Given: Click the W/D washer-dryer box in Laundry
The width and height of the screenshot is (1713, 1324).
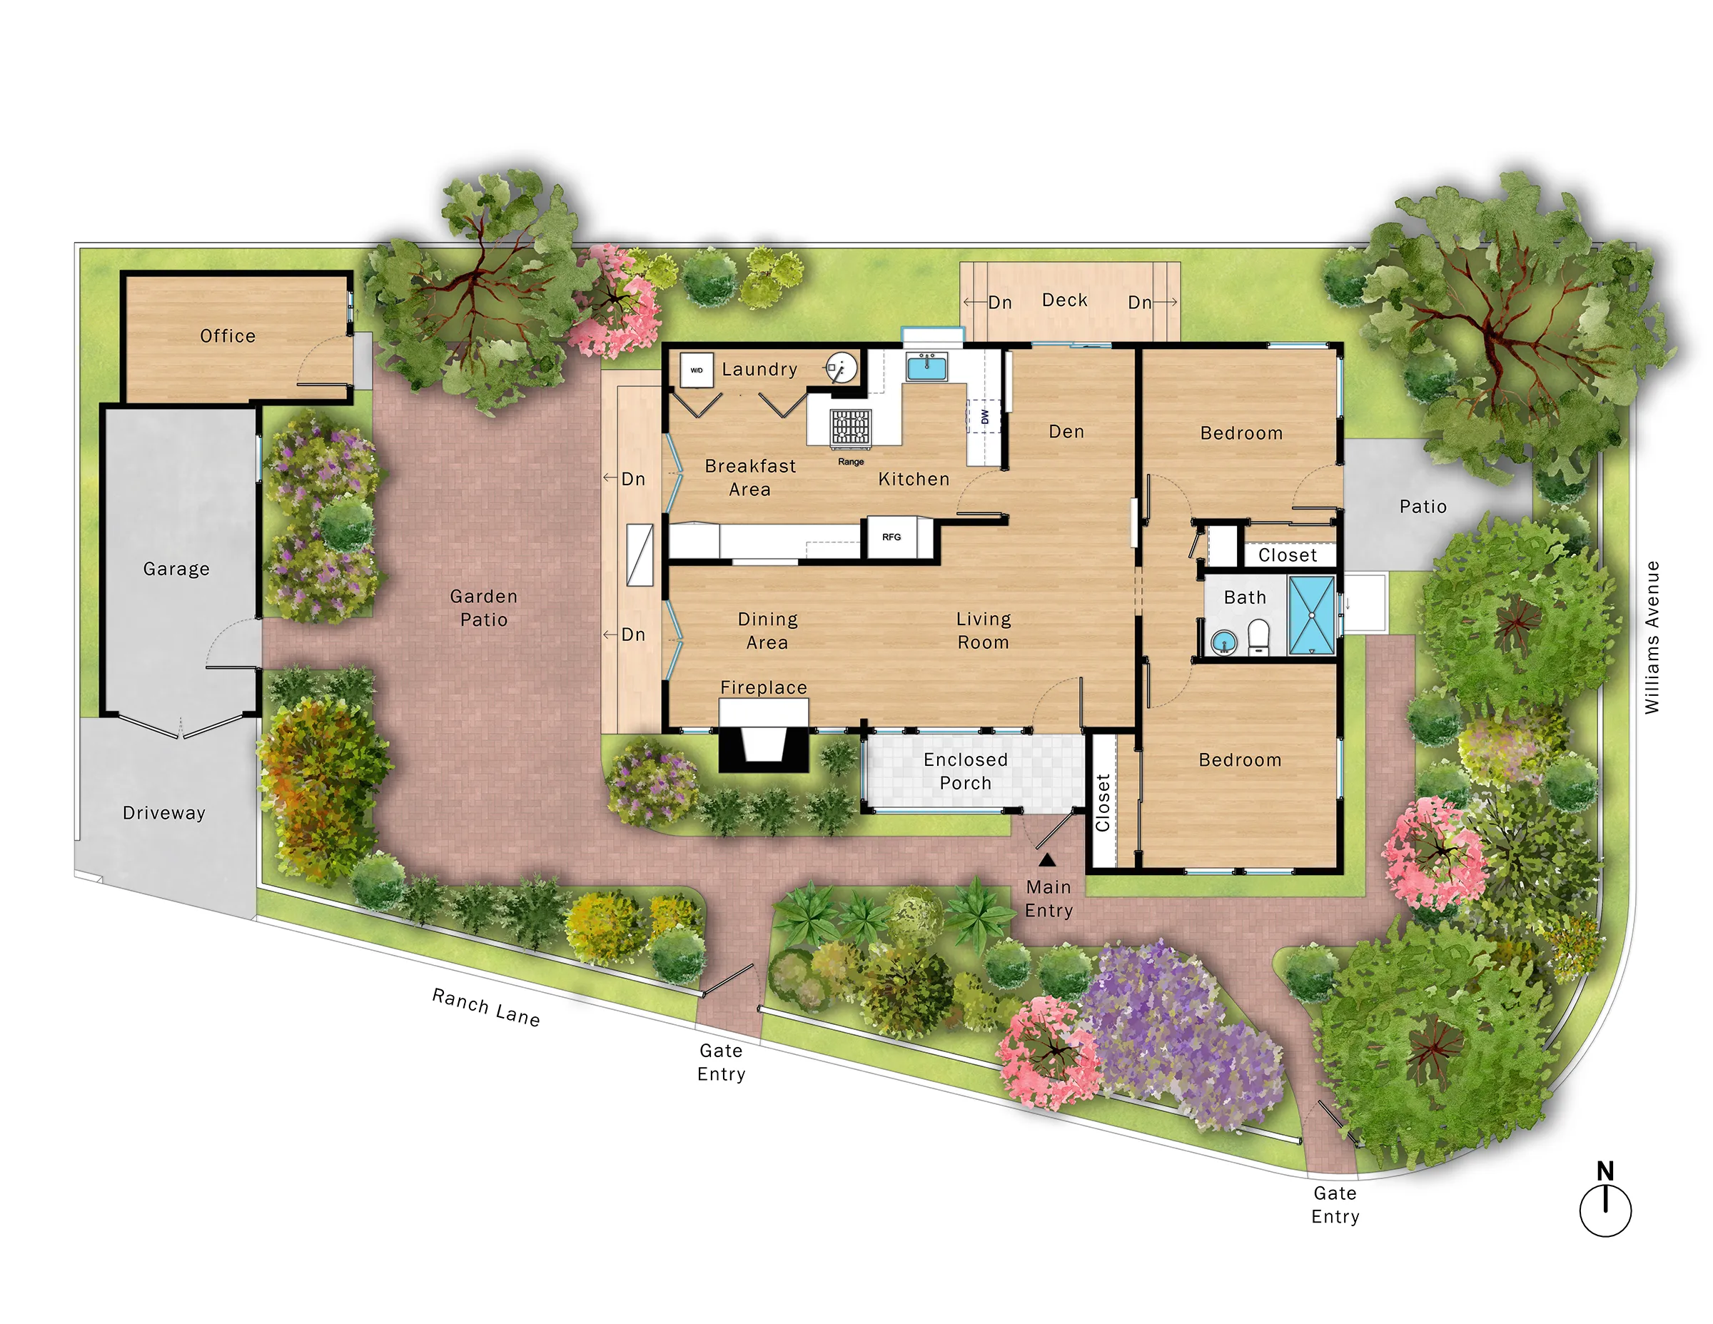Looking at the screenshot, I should pos(696,370).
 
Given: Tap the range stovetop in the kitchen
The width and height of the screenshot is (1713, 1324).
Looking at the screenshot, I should pos(850,428).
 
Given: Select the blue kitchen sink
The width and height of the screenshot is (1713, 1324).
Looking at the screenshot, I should pos(926,366).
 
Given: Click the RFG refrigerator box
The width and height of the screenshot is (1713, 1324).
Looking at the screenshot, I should pos(891,537).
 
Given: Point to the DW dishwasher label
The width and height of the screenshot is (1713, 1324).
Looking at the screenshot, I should pos(984,417).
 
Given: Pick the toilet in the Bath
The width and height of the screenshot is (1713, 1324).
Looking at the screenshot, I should pos(1258,637).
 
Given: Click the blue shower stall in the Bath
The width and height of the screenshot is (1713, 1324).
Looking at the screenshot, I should pos(1311,615).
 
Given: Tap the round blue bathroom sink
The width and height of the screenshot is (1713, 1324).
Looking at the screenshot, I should pos(1223,643).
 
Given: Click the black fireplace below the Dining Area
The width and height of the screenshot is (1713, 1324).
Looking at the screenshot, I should pos(763,745).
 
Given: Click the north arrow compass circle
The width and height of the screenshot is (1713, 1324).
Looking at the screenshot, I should pos(1605,1211).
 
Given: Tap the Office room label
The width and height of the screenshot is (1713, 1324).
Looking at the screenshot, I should pos(228,335).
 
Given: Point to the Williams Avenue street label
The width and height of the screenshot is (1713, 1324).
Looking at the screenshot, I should pos(1652,637).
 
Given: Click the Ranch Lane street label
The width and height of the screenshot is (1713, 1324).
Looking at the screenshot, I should pos(485,1007).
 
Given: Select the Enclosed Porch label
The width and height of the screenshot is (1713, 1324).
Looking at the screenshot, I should pos(966,771).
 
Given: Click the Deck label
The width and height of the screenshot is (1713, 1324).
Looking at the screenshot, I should pos(1064,300).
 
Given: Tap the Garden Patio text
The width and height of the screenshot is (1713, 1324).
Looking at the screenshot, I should pos(483,608).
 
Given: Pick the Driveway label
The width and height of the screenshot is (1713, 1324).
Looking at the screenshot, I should pos(164,812).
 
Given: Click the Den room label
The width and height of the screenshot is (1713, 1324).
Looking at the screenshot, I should pos(1066,431).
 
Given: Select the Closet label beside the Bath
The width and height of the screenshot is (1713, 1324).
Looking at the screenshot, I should pos(1287,555).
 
